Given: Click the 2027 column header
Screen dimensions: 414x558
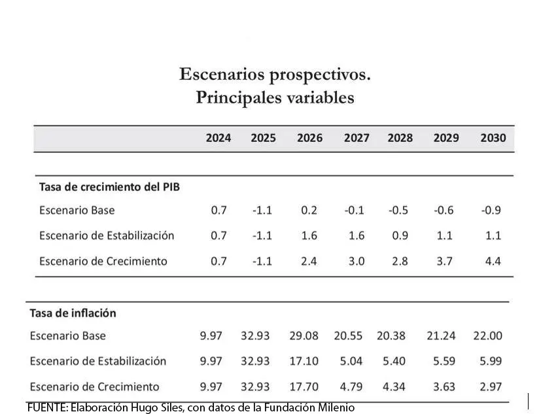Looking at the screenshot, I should [357, 138].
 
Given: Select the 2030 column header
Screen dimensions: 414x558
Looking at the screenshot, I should [493, 138].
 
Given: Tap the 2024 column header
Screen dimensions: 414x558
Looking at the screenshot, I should [218, 138].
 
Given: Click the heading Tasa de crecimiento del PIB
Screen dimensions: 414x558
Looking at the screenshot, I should [109, 186].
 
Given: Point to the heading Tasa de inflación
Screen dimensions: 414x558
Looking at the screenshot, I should [73, 313].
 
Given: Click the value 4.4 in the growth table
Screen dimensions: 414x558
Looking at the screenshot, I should [493, 261].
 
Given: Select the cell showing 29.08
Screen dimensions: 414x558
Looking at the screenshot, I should [304, 336].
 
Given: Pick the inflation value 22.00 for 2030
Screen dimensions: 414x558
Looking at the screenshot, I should [487, 336].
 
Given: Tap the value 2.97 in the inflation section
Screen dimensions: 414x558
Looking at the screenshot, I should [490, 387].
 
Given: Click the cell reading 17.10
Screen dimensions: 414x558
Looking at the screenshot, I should [304, 361].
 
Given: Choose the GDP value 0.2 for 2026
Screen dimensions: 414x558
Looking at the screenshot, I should [309, 211].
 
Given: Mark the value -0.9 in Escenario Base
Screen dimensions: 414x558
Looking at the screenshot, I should [491, 211].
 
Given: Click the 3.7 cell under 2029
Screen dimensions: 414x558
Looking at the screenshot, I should [444, 261].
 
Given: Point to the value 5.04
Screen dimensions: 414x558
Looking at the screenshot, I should [351, 361].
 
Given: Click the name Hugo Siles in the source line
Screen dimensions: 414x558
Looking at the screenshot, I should [161, 407].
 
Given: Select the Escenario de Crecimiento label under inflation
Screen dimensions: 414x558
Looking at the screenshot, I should [94, 387].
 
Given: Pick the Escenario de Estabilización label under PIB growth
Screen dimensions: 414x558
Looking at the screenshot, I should [107, 235].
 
